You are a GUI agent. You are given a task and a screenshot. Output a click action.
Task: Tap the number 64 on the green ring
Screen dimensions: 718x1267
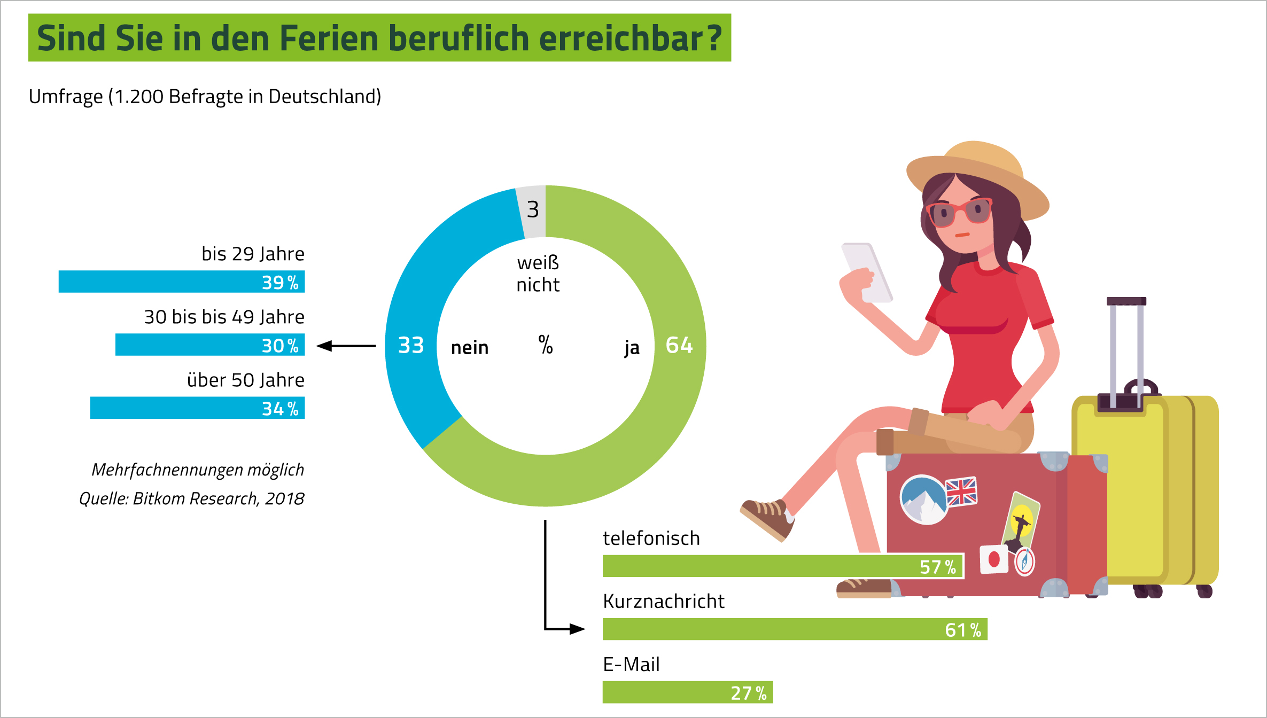[679, 345]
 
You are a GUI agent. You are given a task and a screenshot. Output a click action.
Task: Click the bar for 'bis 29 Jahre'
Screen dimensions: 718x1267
[182, 282]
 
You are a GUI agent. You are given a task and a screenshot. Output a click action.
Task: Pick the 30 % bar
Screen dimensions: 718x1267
[210, 345]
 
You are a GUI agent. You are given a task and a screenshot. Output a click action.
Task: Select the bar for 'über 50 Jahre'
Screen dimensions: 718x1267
[197, 408]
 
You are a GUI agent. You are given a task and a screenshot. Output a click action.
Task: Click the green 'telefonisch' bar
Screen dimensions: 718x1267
[783, 566]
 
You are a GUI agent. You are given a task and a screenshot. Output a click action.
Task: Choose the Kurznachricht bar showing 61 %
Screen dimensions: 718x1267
[795, 629]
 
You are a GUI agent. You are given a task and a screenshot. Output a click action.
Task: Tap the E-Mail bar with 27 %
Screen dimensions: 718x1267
[687, 692]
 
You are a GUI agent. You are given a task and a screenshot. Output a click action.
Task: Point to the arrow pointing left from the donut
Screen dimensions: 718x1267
[346, 346]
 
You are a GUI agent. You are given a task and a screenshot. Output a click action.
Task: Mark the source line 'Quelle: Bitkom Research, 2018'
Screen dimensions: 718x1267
[191, 498]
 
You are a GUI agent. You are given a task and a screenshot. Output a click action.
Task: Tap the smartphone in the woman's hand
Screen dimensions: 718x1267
[867, 272]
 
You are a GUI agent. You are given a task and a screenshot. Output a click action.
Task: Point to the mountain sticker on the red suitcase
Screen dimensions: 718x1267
[923, 500]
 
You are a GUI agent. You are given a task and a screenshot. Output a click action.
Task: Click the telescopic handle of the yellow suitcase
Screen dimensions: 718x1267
[1126, 347]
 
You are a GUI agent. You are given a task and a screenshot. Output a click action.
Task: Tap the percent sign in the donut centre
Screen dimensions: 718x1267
[545, 345]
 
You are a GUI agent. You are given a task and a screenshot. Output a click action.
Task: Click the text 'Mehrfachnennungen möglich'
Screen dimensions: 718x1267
[197, 470]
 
